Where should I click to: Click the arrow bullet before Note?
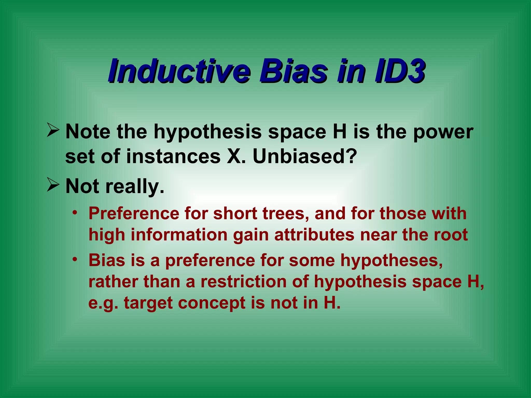53,130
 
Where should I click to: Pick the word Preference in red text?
134,214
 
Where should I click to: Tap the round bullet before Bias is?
75,259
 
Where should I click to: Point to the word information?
179,235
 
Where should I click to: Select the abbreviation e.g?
103,303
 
